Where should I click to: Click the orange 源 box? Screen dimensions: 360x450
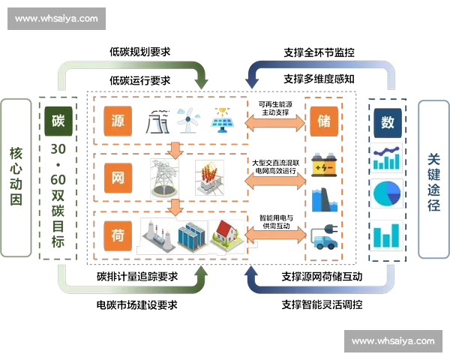click(x=118, y=121)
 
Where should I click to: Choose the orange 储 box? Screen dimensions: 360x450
click(x=322, y=121)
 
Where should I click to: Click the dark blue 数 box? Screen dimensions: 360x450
click(x=388, y=121)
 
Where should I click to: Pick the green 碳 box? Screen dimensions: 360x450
click(x=58, y=121)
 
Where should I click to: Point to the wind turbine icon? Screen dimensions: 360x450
click(x=189, y=119)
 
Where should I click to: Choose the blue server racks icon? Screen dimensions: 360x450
click(x=192, y=236)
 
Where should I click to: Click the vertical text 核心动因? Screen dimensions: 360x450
click(x=16, y=178)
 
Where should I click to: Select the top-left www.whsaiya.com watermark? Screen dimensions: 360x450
click(x=56, y=18)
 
